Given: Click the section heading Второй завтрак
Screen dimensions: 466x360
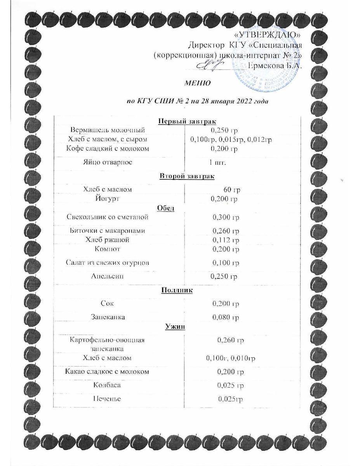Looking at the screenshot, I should pos(187,176).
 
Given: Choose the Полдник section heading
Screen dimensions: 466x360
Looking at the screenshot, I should pos(177,290).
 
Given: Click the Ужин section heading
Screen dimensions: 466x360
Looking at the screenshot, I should pos(175,327).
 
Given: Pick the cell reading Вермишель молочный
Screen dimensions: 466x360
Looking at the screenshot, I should pos(108,130).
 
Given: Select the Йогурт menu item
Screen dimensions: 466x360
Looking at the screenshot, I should pos(108,199).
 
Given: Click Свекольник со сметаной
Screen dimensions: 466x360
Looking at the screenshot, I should pos(107,217).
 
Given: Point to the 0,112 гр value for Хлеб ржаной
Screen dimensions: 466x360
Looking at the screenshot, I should pos(225,240).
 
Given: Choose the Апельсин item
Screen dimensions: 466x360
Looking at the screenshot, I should pos(108,276).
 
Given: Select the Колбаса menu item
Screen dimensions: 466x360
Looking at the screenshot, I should pos(107,385).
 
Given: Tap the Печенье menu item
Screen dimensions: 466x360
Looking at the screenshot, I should pos(107,399).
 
